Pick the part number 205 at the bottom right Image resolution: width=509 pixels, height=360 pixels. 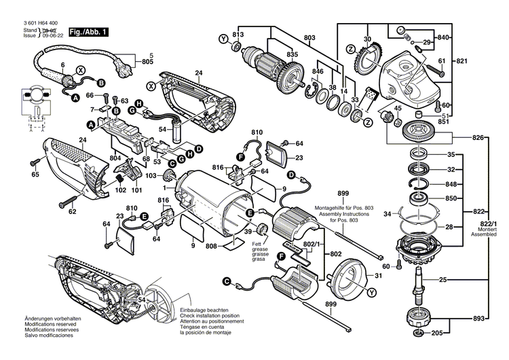[437, 334]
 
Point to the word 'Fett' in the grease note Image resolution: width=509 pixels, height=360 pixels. [239, 244]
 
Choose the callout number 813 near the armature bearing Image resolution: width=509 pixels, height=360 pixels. [238, 35]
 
